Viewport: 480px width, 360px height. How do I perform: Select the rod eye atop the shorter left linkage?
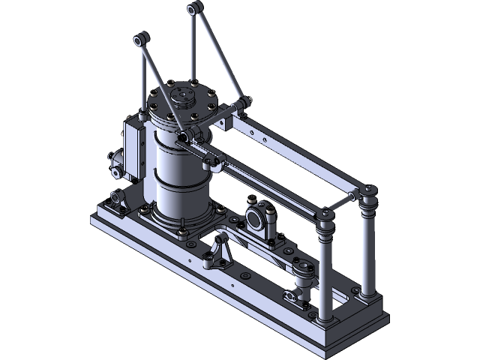pyautogui.click(x=139, y=38)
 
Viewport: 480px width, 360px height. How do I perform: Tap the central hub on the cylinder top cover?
pyautogui.click(x=183, y=97)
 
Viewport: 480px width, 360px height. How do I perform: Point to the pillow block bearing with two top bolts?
pyautogui.click(x=256, y=218)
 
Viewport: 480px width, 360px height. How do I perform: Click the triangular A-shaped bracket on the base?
pyautogui.click(x=220, y=255)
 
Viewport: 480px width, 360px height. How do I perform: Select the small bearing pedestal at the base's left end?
pyautogui.click(x=116, y=201)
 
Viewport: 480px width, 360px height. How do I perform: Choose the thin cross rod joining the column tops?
pyautogui.click(x=346, y=199)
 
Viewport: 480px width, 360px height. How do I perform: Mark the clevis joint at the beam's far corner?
pyautogui.click(x=242, y=104)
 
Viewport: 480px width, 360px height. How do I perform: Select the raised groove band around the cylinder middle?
pyautogui.click(x=180, y=178)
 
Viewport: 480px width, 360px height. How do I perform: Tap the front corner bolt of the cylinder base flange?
pyautogui.click(x=182, y=229)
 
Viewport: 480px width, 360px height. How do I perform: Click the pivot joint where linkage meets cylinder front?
pyautogui.click(x=182, y=136)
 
